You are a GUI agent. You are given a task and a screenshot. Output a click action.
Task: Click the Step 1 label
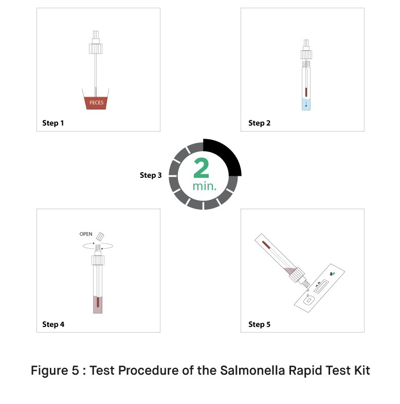click(x=53, y=123)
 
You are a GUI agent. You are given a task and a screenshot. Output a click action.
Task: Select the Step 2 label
click(x=259, y=123)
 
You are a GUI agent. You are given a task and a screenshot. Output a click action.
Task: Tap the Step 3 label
click(x=151, y=175)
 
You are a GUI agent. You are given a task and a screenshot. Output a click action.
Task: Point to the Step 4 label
click(x=53, y=324)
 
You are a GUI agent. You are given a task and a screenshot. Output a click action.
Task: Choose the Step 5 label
click(x=259, y=324)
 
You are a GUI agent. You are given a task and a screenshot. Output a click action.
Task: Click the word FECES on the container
click(x=96, y=103)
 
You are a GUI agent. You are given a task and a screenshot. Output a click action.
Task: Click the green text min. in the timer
click(x=205, y=186)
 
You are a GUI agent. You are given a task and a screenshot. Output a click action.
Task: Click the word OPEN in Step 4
click(x=86, y=234)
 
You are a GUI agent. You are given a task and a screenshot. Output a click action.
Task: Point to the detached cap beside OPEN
click(x=100, y=236)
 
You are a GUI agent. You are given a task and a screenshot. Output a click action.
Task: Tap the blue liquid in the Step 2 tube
click(x=306, y=104)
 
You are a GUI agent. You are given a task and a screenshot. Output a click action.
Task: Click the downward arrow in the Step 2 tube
click(x=306, y=104)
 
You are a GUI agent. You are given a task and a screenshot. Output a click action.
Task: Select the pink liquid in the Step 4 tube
click(x=98, y=305)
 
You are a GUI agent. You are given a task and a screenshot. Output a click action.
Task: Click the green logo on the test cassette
click(x=333, y=273)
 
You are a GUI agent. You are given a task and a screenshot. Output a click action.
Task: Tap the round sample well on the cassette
click(x=308, y=300)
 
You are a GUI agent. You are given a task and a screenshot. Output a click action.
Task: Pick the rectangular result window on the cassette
click(x=321, y=286)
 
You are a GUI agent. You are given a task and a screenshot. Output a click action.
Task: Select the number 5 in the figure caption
click(x=75, y=371)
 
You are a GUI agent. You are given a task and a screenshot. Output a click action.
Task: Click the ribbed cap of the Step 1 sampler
click(x=96, y=49)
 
